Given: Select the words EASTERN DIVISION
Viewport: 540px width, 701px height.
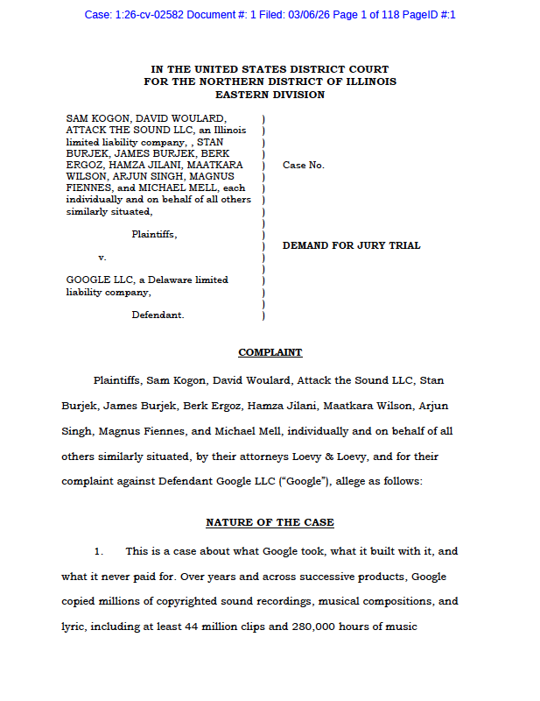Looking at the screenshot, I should pos(270,95).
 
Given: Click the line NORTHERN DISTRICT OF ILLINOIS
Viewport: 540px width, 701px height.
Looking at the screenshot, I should pos(270,81).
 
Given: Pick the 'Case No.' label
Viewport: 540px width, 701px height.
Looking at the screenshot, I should pos(304,165).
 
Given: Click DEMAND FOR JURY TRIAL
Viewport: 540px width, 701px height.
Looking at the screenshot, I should pos(351,245).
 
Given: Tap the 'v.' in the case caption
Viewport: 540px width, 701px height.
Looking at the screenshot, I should pos(102,258).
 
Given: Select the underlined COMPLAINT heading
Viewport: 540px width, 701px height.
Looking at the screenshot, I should pos(270,352).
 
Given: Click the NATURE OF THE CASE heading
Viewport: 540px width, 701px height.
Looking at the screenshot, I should pos(270,522).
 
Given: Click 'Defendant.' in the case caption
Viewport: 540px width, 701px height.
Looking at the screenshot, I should pos(158,315).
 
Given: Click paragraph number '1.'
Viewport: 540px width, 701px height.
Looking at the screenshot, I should pos(99,551).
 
